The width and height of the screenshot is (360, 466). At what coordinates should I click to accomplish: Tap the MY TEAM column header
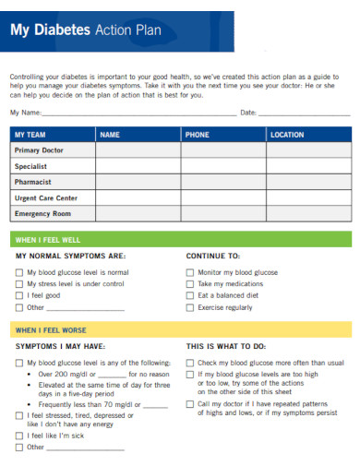click(x=30, y=135)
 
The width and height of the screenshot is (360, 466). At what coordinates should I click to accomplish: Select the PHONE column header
click(x=197, y=135)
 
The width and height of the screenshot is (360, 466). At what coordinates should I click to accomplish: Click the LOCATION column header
click(x=286, y=135)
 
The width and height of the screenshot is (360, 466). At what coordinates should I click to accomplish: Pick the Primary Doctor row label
click(x=40, y=150)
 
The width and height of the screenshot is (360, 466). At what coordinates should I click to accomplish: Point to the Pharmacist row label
click(x=34, y=182)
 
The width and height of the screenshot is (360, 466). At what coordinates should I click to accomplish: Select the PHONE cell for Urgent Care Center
click(x=222, y=197)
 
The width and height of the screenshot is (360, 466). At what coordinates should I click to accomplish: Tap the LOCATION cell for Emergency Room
click(x=307, y=213)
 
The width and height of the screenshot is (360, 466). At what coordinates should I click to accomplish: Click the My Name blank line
click(x=138, y=113)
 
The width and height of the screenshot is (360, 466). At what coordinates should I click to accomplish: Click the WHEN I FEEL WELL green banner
click(x=180, y=239)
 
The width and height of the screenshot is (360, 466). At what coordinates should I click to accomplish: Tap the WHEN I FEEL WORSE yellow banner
click(x=180, y=329)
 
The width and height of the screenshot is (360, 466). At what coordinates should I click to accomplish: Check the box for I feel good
click(x=19, y=296)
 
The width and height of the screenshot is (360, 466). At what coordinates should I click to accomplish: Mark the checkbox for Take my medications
click(x=190, y=284)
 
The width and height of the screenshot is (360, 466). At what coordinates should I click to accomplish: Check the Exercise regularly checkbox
click(x=190, y=307)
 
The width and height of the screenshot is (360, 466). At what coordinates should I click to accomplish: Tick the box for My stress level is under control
click(x=19, y=284)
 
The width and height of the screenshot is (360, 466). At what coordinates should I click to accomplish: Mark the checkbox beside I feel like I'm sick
click(x=19, y=436)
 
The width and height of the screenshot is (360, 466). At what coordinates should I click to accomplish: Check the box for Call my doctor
click(x=190, y=403)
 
